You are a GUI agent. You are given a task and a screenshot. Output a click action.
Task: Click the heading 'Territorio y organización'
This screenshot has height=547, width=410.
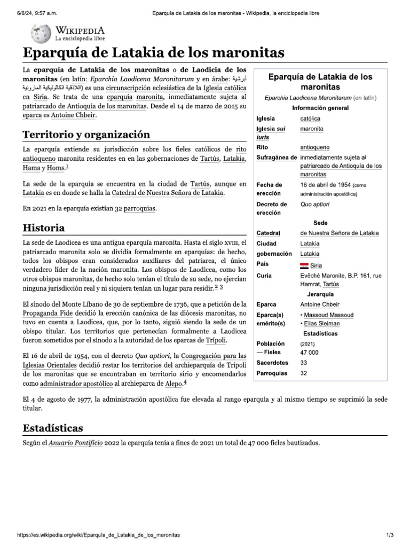tap(85, 134)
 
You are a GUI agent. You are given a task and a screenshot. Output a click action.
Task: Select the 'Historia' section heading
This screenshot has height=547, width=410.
tap(44, 228)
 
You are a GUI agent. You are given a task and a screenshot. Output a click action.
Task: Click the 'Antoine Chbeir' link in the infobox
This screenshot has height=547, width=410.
tap(320, 304)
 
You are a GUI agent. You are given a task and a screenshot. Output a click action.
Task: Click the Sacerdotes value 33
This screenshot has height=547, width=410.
tap(304, 363)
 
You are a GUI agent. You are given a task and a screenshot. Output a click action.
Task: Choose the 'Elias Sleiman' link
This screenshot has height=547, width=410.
tap(322, 324)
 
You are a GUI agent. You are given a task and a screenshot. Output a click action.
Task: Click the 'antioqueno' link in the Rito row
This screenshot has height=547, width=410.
tap(316, 146)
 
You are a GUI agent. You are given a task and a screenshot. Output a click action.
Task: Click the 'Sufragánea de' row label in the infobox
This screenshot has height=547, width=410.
tap(277, 158)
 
